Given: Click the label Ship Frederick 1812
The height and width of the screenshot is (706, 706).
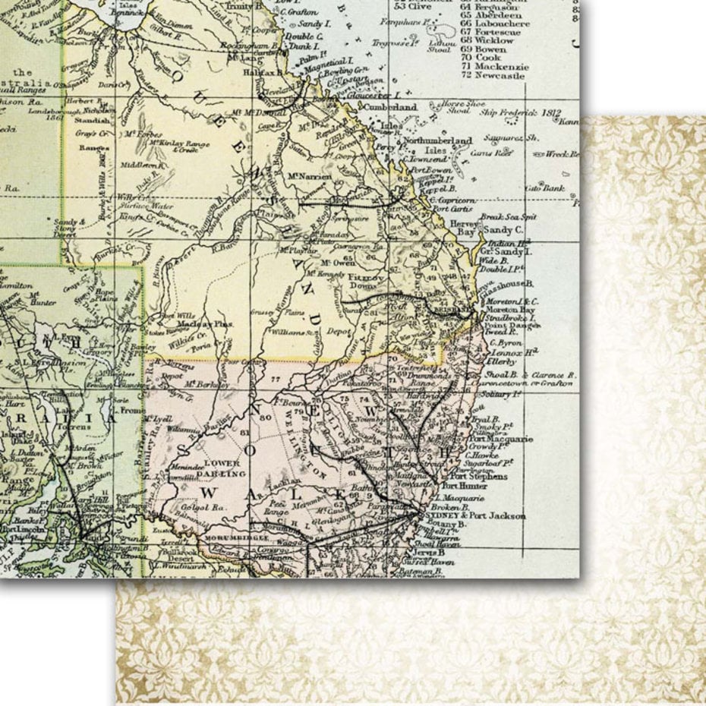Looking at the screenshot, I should tap(520, 112).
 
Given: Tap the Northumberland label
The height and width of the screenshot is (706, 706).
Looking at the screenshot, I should tap(437, 140).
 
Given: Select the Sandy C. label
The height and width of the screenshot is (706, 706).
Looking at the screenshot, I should tap(503, 229).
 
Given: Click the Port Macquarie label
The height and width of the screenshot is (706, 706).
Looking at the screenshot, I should tap(500, 440).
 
